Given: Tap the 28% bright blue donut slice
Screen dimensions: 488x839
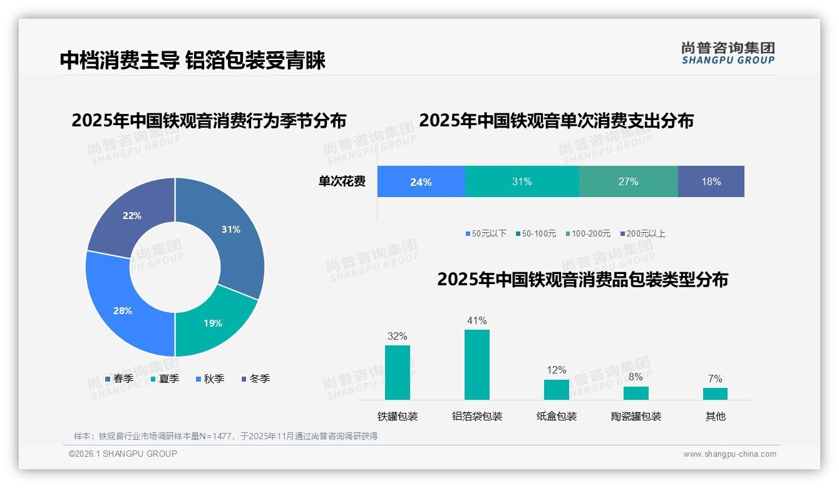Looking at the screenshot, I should pos(123,310).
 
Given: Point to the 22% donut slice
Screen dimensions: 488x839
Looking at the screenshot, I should pos(132,216).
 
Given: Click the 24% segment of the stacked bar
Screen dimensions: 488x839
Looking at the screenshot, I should pos(421,182).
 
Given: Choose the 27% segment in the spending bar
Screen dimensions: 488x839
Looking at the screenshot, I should pos(628,182).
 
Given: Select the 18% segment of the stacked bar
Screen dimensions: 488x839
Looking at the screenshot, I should pos(711,182).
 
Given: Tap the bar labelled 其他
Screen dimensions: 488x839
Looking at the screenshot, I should pos(715,394).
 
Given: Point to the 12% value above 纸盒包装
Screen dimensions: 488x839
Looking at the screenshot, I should pos(556,370).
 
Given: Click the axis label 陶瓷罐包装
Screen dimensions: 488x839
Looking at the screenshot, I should pos(636,416).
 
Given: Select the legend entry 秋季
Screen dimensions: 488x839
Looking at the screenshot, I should pos(210,379).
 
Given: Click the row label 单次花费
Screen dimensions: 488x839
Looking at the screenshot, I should pos(342,182).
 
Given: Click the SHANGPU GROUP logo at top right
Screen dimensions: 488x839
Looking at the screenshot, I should pos(728,53).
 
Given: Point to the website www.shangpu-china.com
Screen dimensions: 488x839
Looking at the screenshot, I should pos(729,454).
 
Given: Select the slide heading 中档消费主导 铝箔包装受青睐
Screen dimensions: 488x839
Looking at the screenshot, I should pos(193,60).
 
